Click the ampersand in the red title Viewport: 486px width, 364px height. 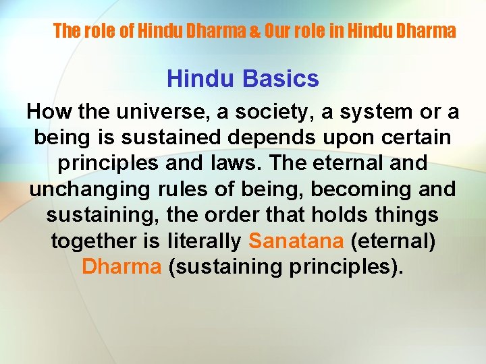(256, 31)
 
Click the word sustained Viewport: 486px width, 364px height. (180, 138)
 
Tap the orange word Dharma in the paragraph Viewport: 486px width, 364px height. (122, 266)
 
